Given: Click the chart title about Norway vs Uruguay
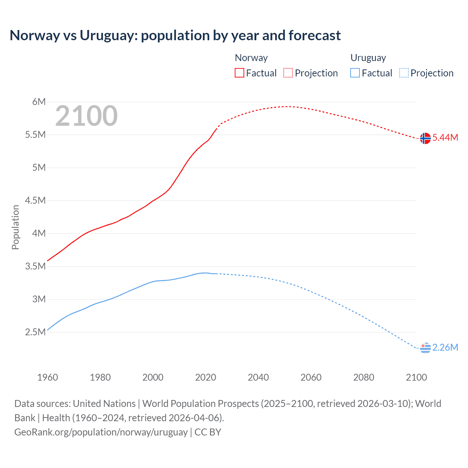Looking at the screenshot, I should point(175,35).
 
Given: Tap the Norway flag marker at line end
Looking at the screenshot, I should point(425,138).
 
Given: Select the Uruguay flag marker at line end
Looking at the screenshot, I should point(425,348).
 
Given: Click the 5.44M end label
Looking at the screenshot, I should point(445,138).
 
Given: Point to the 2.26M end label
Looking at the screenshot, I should point(445,348).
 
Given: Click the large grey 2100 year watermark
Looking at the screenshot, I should point(86,116).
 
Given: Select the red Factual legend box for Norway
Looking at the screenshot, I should point(239,73).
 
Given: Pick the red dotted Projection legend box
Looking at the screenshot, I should point(288,73).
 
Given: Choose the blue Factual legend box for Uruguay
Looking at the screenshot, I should point(355,73).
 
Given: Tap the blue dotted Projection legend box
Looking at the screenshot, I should point(404,73).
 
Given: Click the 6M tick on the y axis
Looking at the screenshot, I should point(39,102).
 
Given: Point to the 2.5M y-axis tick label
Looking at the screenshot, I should point(35,332).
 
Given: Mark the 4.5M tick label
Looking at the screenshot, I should point(35,200).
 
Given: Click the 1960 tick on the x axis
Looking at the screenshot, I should point(48,377).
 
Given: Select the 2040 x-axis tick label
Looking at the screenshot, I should point(258,377).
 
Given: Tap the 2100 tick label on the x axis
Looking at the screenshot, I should point(416,377).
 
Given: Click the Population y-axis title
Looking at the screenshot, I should point(15,227).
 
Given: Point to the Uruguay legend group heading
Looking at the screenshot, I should point(368,58).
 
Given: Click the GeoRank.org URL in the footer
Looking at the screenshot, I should point(101,432).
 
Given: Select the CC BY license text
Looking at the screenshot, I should point(208,432).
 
